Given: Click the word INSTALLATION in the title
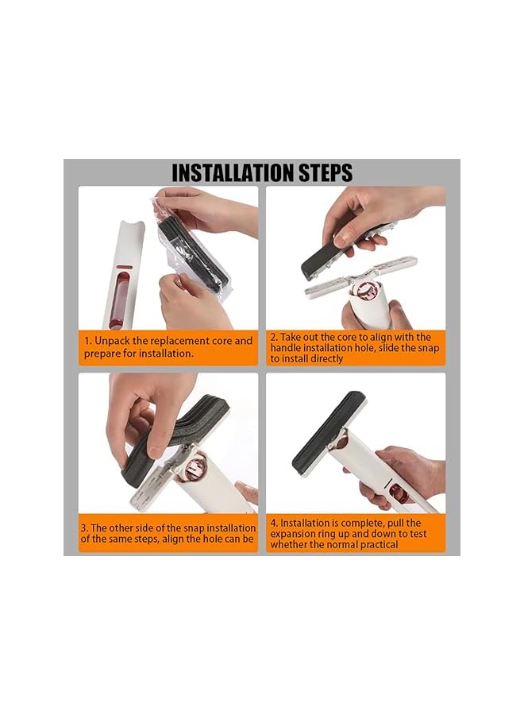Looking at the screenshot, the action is click(x=233, y=173).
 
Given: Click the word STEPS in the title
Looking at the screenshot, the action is click(x=326, y=173).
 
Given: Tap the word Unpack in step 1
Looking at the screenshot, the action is click(x=112, y=342).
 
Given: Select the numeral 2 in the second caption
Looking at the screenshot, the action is click(x=273, y=338).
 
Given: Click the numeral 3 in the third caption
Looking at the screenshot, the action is click(x=84, y=528).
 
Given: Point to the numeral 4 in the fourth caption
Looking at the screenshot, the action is click(x=273, y=523).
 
